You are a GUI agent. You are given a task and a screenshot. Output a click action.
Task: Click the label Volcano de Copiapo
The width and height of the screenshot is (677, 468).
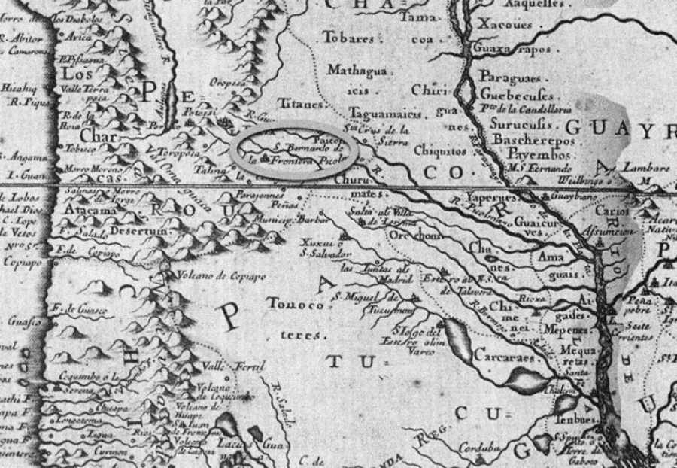pyautogui.click(x=213, y=275)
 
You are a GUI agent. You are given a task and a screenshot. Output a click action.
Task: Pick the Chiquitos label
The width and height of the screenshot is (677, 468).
pyautogui.click(x=437, y=150)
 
